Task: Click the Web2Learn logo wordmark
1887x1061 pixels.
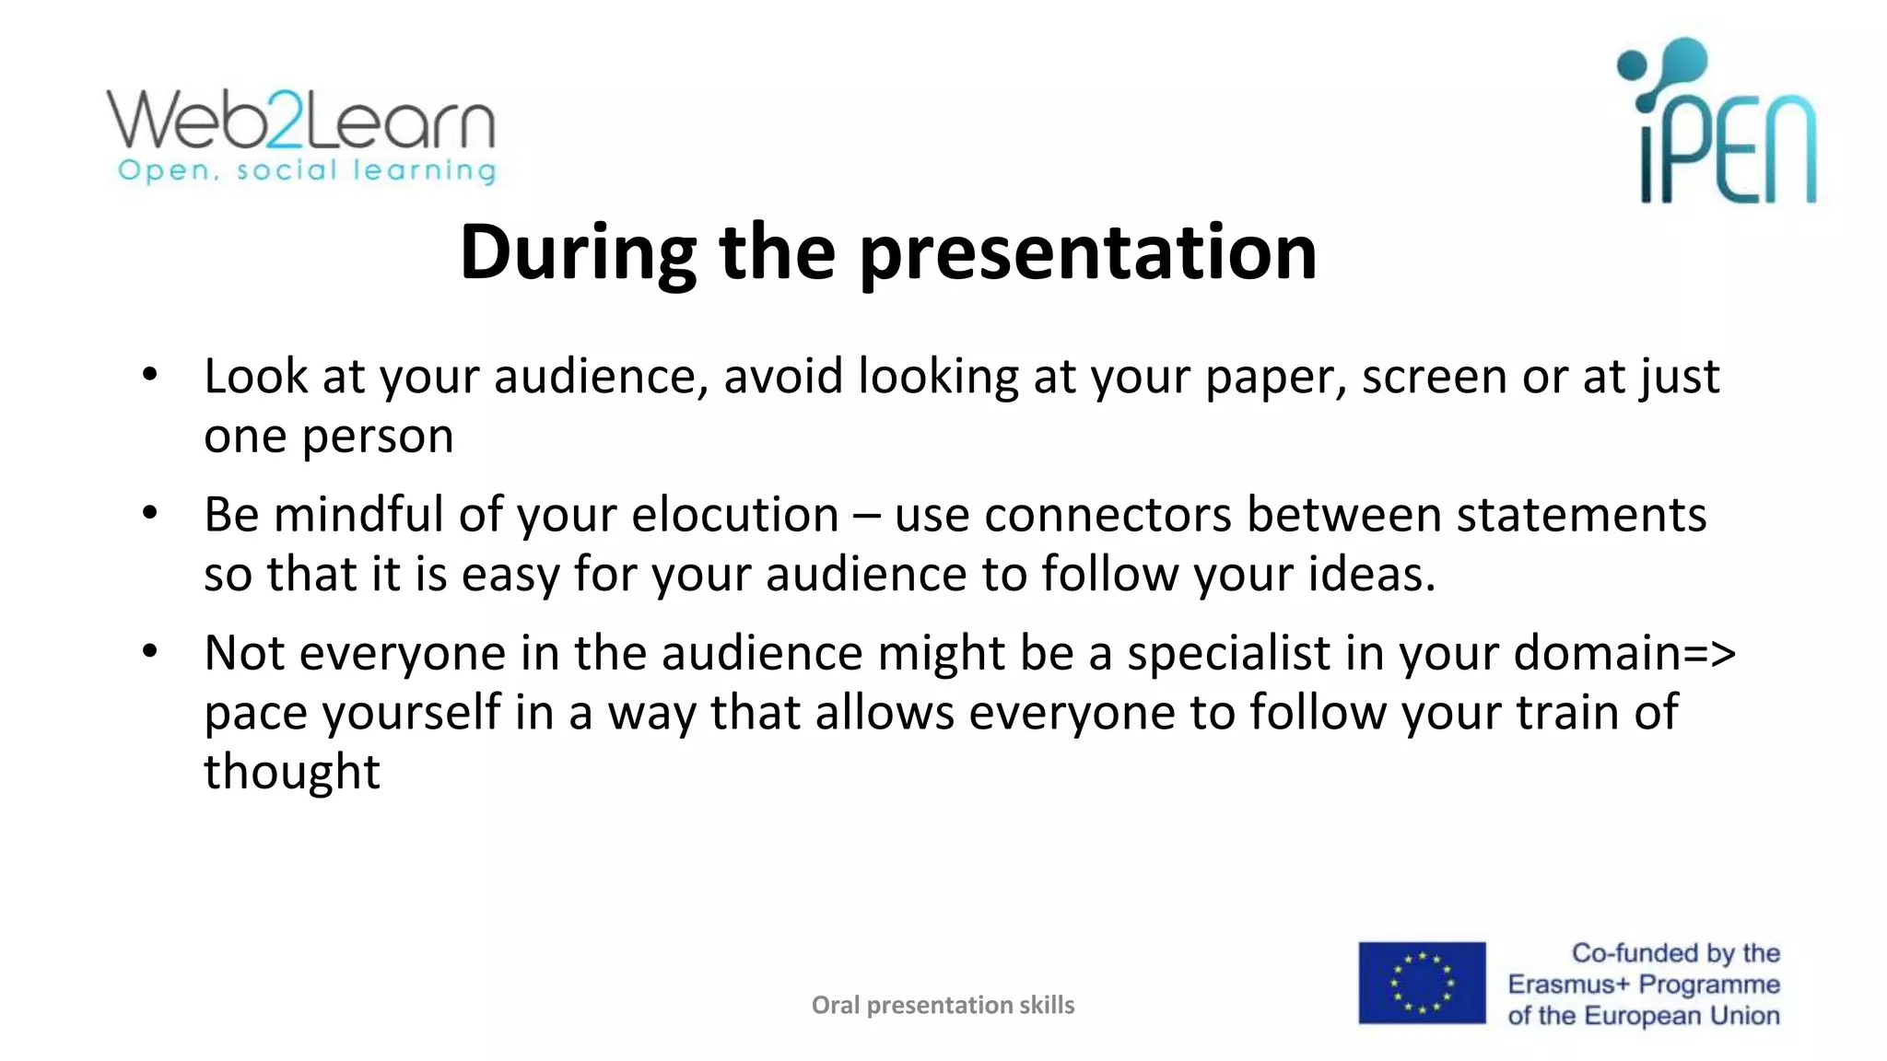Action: (301, 120)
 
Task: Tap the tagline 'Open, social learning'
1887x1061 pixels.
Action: (307, 171)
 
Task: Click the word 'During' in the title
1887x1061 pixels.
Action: (579, 252)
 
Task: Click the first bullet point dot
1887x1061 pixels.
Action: (150, 375)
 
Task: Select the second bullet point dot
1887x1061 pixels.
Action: (150, 513)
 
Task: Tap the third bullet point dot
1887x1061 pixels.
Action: (150, 651)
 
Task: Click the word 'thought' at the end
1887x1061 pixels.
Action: (291, 772)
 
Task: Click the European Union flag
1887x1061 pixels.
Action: (1422, 983)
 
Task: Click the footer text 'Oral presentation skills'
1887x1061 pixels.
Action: (943, 1005)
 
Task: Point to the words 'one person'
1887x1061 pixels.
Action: (328, 437)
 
